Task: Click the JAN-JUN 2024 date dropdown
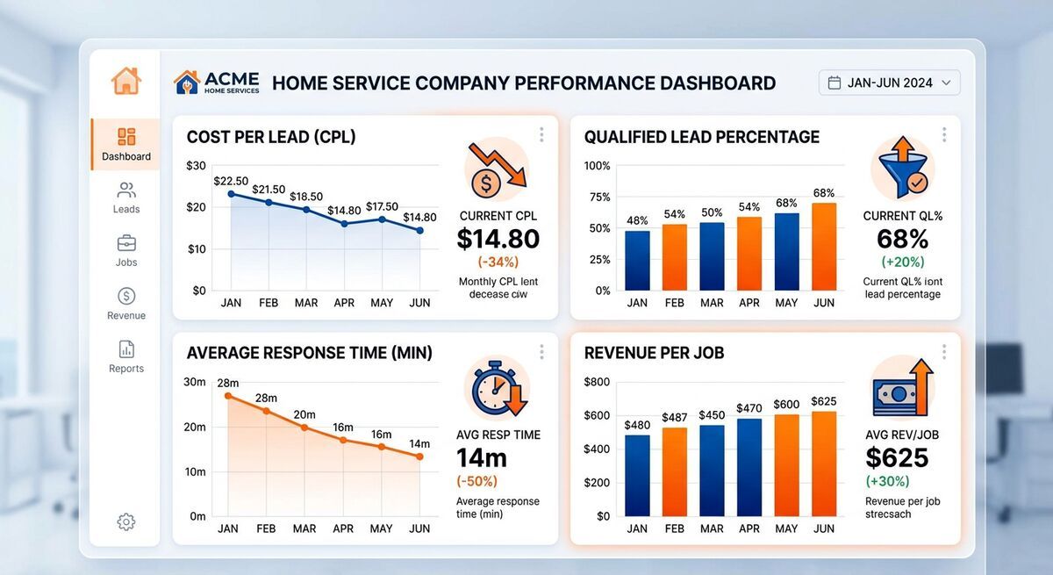point(889,83)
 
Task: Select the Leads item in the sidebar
point(126,198)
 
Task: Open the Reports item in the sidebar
point(126,356)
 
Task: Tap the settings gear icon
point(126,521)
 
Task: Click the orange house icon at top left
point(126,81)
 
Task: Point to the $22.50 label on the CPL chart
point(230,181)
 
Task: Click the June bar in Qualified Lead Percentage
point(824,246)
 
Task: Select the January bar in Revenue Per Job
point(637,475)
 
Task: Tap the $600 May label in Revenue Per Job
point(786,404)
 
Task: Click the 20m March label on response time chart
point(304,414)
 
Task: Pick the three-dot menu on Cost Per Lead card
point(541,134)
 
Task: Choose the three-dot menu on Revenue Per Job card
point(944,351)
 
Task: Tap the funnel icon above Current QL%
point(902,169)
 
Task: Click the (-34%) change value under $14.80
point(498,262)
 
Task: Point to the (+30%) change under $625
point(887,481)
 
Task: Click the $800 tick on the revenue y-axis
point(597,382)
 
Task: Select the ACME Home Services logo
point(217,83)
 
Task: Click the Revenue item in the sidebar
point(126,304)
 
